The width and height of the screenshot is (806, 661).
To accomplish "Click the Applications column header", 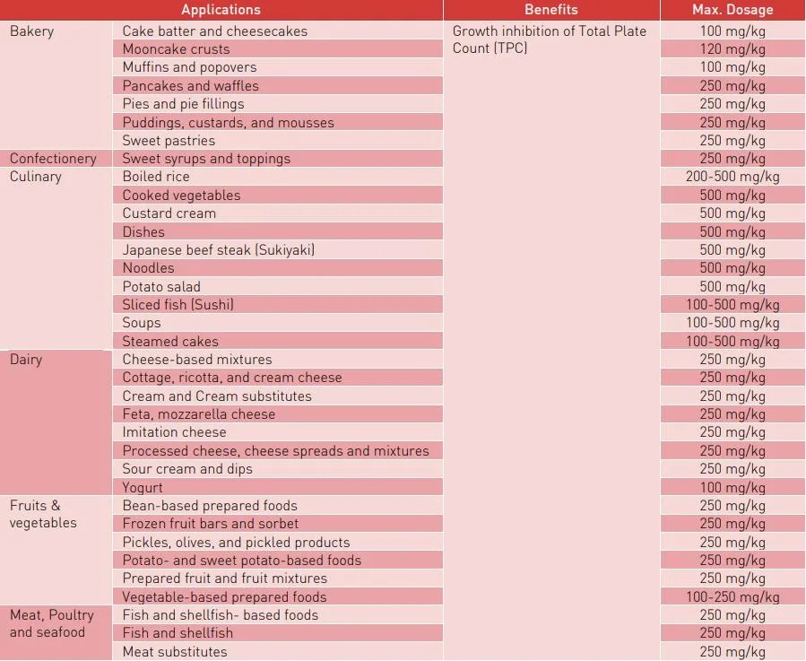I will coord(221,10).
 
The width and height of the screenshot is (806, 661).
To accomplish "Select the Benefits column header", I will coord(551,10).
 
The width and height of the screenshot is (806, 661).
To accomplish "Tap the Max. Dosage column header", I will coord(732,10).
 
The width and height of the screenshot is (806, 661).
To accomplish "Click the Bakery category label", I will coord(31,31).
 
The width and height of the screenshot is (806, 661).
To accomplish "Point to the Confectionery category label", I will coord(53,159).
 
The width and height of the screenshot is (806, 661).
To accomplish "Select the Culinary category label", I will coord(36,177).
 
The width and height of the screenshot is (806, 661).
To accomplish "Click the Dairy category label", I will coord(26,360).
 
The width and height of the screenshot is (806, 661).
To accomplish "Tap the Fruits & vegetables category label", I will coord(43,514).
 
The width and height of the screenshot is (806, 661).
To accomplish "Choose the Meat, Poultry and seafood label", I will coord(51,623).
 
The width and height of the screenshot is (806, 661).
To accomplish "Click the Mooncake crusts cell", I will coord(176,49).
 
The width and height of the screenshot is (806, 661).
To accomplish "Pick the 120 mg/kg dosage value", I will coord(732,49).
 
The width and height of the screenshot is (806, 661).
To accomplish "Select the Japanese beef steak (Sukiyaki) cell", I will coord(219,250).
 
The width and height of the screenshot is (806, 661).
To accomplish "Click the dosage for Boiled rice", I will coord(732,177).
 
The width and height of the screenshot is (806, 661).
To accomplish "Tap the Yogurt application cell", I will coord(143,487).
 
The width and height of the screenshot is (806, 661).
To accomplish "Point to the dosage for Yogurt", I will coord(732,487).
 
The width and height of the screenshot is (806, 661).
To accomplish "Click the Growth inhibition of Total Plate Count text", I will coord(549,39).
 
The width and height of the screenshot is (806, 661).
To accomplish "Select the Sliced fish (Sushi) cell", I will coord(178,305).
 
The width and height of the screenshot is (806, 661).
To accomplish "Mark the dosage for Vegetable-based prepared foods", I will coord(732,597).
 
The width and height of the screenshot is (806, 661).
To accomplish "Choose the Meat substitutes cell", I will coord(175,652).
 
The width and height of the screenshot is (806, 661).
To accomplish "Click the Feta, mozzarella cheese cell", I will coord(199,414).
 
